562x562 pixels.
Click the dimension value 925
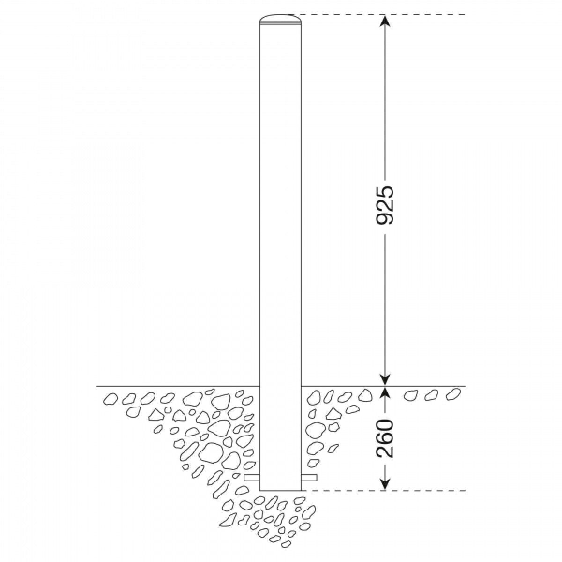(385, 206)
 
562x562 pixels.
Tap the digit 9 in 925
(385, 218)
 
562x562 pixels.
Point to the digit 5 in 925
(385, 193)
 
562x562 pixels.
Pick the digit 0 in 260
(385, 426)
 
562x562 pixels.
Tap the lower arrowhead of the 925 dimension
(385, 379)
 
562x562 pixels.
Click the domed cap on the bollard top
(280, 18)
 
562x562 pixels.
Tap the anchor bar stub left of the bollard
(252, 478)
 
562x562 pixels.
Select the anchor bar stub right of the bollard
(309, 478)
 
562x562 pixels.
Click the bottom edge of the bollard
(280, 490)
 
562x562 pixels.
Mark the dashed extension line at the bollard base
(384, 490)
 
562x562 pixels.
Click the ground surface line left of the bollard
(178, 386)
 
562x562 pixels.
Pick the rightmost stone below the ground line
(452, 394)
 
